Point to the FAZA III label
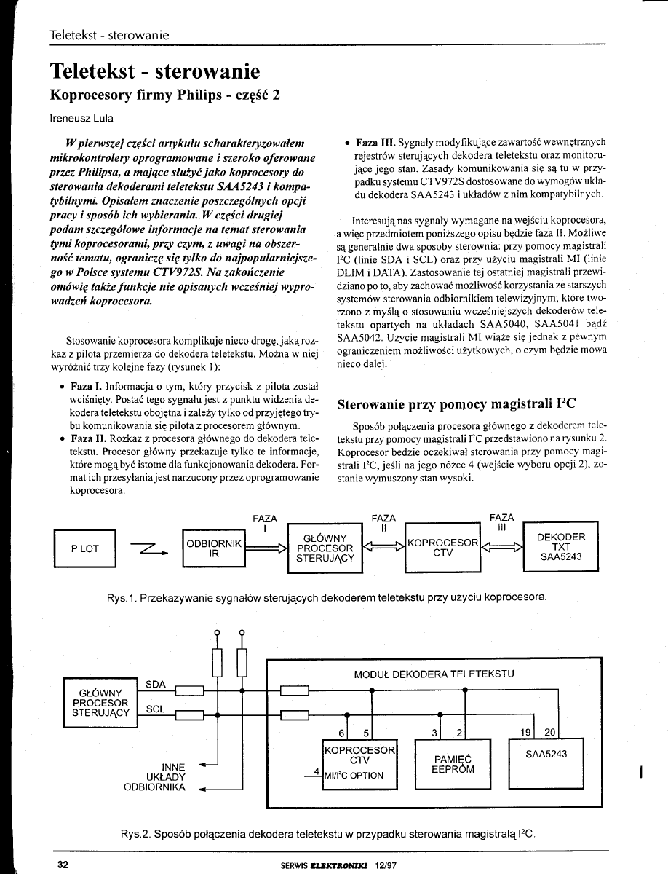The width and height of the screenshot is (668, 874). click(502, 523)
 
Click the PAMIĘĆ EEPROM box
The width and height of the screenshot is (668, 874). click(452, 763)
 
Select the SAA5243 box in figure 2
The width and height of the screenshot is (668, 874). click(546, 758)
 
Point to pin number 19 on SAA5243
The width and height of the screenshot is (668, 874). click(528, 731)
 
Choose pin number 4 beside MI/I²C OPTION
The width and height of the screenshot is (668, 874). click(317, 771)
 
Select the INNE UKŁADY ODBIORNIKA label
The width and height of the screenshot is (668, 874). click(166, 777)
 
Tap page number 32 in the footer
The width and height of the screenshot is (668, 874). click(63, 864)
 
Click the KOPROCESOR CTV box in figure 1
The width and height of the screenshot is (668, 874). click(442, 548)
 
